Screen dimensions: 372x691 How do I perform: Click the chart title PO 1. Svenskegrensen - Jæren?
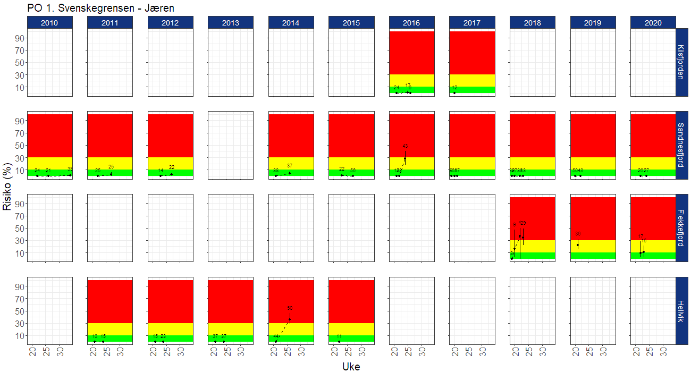point(100,8)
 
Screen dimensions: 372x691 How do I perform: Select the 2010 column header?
point(49,23)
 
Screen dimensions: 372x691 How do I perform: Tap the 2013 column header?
point(231,23)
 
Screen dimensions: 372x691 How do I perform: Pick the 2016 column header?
point(411,23)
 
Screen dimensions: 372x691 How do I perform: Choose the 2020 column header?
point(653,23)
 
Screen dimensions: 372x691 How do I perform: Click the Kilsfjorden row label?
point(681,62)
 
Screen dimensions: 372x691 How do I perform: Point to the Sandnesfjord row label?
point(681,145)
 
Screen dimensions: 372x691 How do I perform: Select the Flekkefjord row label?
point(681,228)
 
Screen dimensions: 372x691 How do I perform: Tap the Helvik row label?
point(681,311)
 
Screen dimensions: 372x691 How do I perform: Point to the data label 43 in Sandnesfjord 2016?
point(405,146)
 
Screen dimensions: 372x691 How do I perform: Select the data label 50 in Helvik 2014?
point(290,308)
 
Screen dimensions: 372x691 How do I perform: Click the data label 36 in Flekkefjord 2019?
point(578,233)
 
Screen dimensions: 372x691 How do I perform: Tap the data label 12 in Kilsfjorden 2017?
point(454,88)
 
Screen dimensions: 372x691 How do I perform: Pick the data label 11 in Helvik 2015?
point(339,336)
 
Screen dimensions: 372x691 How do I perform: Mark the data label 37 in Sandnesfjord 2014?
point(290,166)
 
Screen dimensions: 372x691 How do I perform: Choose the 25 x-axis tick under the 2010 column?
point(46,352)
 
